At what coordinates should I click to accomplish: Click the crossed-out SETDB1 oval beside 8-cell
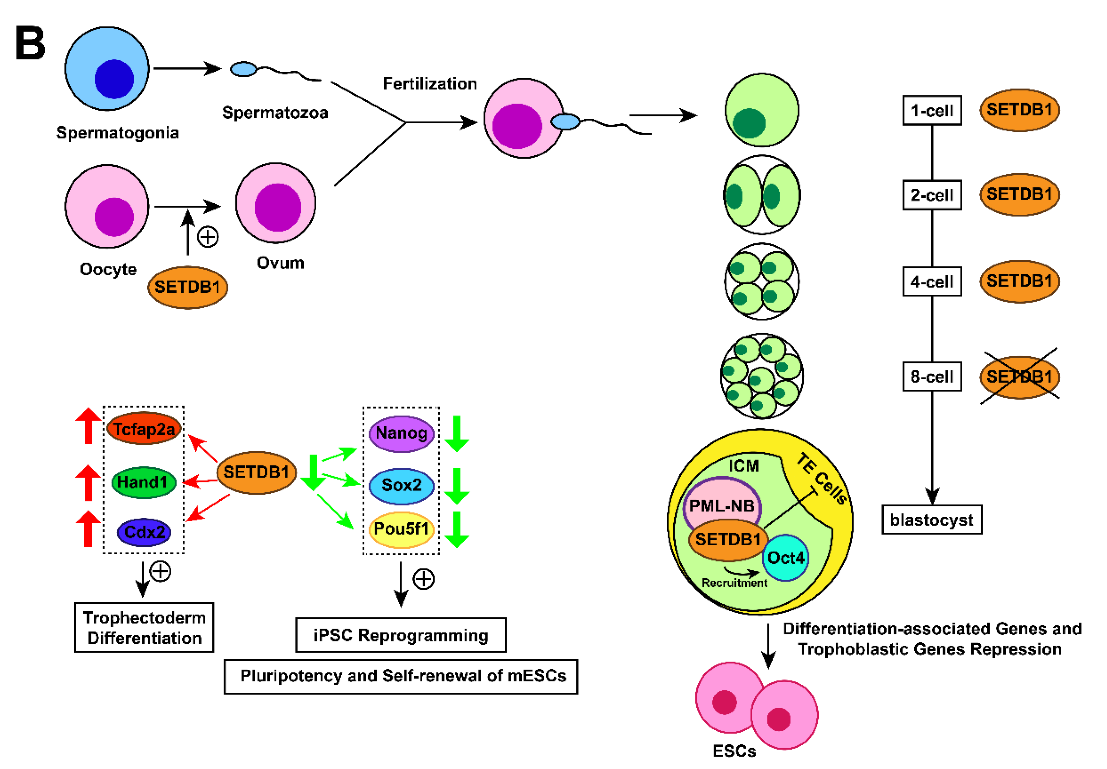[1019, 377]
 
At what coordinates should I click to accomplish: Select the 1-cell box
[932, 110]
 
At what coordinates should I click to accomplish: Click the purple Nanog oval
[401, 433]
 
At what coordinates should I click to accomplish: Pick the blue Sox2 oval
[401, 485]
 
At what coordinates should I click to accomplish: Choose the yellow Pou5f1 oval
[401, 529]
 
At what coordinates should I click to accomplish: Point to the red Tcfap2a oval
[143, 428]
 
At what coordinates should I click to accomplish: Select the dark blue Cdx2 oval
[144, 532]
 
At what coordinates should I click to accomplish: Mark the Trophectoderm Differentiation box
[144, 627]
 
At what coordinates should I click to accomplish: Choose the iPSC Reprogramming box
[401, 635]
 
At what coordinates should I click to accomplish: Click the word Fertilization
[429, 84]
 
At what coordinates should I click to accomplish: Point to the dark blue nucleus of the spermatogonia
[114, 79]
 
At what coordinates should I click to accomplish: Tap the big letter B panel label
[30, 43]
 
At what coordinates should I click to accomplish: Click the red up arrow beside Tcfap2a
[88, 426]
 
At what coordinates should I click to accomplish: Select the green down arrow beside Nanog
[456, 434]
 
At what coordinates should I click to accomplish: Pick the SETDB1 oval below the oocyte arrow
[187, 287]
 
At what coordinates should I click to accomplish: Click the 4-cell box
[932, 282]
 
